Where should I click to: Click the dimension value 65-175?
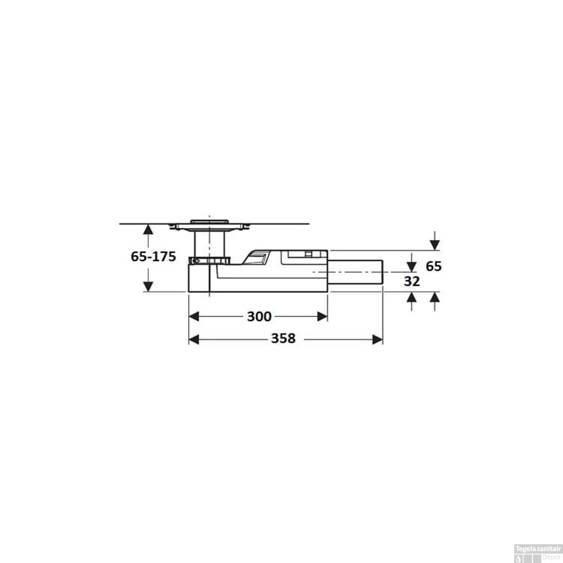tap(153, 257)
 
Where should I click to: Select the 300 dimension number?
tap(259, 317)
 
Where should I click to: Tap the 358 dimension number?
tap(283, 339)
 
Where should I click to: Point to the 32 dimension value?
tap(412, 281)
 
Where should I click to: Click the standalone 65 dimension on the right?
tap(434, 266)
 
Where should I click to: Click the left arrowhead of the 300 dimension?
tap(194, 316)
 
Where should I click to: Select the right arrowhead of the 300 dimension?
tap(322, 316)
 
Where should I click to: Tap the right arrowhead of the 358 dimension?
tap(377, 340)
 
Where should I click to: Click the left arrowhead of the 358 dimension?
tap(194, 340)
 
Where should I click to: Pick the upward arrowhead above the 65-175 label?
tap(149, 229)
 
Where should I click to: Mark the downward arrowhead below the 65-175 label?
tap(149, 286)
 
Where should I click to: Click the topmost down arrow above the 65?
tap(435, 245)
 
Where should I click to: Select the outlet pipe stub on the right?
tap(355, 272)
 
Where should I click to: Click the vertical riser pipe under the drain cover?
tap(209, 244)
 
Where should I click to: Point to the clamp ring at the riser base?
tap(209, 260)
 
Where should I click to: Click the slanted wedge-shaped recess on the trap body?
tap(255, 257)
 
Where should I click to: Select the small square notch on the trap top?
tap(308, 254)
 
